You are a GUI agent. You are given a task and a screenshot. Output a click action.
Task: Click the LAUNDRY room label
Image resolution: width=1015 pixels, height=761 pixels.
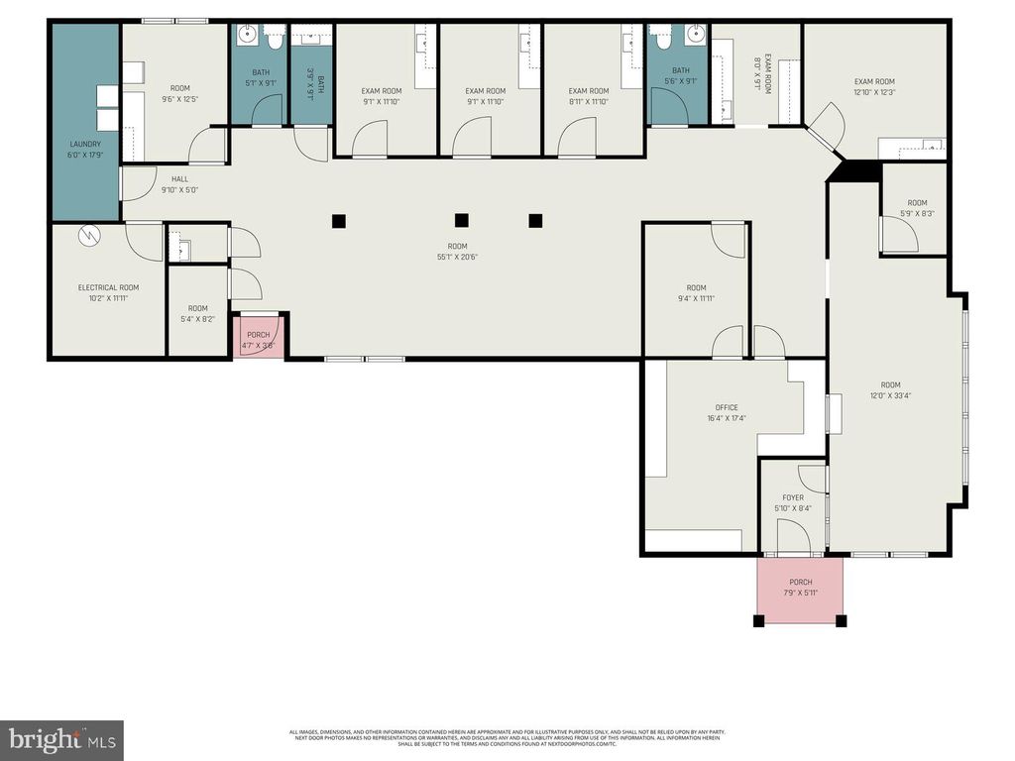coord(84,150)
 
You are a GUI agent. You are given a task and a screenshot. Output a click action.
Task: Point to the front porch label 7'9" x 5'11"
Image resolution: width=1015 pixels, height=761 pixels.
coord(800,588)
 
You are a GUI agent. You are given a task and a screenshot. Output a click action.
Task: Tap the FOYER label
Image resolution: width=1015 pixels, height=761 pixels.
coord(793,503)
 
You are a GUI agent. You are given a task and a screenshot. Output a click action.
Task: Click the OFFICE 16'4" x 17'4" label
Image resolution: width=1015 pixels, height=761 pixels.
coord(727,412)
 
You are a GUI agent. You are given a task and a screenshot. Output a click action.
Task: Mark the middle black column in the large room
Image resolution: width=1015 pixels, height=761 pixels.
coord(461,220)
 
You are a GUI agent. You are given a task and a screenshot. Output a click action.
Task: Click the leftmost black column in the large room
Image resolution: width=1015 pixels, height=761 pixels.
coord(339,220)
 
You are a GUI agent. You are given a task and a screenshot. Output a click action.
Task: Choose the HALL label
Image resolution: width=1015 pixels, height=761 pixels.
coord(179,185)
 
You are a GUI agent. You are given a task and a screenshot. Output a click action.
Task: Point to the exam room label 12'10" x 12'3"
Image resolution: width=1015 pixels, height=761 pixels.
coord(874,87)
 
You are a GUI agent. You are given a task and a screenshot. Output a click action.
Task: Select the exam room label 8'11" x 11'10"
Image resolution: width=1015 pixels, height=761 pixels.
coord(588,96)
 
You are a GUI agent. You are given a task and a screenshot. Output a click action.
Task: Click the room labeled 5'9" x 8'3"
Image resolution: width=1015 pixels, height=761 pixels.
coord(916,208)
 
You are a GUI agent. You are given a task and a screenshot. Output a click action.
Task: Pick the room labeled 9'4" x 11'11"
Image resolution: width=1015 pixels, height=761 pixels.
coord(696,293)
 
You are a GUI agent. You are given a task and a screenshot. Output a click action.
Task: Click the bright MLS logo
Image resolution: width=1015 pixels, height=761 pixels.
coord(61,739)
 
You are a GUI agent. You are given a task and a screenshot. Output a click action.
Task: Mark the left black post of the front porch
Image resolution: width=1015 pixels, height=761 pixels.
coord(759,621)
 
